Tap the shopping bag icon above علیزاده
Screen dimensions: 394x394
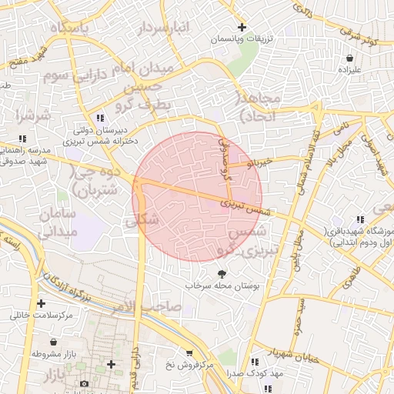tap(350, 58)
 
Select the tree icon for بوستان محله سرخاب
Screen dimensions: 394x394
tap(222, 274)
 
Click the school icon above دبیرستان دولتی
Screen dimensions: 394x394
tap(100, 118)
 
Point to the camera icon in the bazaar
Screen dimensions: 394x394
tap(84, 383)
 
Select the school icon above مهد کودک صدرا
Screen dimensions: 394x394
tap(253, 361)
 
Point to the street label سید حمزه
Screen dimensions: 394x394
tap(299, 316)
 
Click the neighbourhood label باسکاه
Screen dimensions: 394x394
tap(70, 28)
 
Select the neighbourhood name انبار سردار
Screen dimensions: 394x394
tap(162, 29)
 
